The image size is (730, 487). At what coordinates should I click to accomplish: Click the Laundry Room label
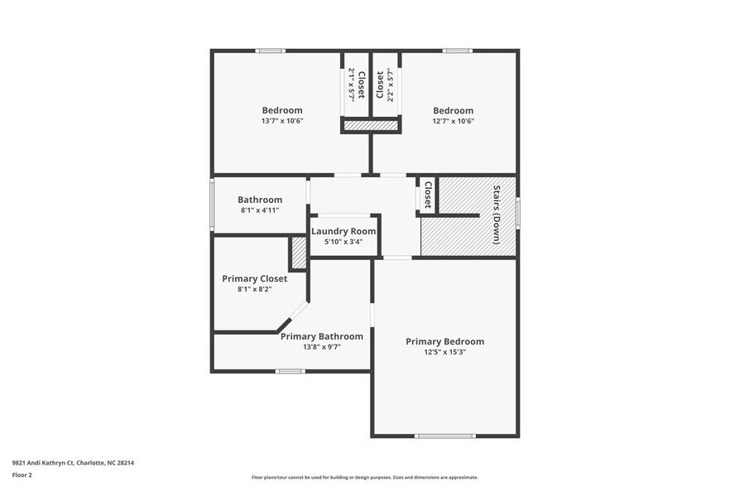343,231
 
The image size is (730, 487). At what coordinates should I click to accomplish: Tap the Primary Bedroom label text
444,341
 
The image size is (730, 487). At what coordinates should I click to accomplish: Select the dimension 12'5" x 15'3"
444,352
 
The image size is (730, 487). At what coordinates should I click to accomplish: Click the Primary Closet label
254,278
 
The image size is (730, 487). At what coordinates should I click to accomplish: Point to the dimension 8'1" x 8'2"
254,289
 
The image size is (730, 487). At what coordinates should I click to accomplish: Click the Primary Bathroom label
321,336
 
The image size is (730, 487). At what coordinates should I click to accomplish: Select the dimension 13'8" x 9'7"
321,347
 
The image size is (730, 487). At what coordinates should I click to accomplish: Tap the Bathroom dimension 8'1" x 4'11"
260,210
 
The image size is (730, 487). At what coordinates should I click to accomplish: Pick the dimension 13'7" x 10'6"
282,121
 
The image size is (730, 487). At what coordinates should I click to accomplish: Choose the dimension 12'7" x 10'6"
453,121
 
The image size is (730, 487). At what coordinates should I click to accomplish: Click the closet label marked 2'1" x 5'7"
356,84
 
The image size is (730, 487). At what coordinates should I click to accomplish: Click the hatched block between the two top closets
371,126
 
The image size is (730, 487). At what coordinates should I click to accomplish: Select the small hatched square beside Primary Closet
298,253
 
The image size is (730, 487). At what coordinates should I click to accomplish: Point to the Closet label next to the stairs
428,195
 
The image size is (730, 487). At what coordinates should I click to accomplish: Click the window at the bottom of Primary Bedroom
444,436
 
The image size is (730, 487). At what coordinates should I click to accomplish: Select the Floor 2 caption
22,475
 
